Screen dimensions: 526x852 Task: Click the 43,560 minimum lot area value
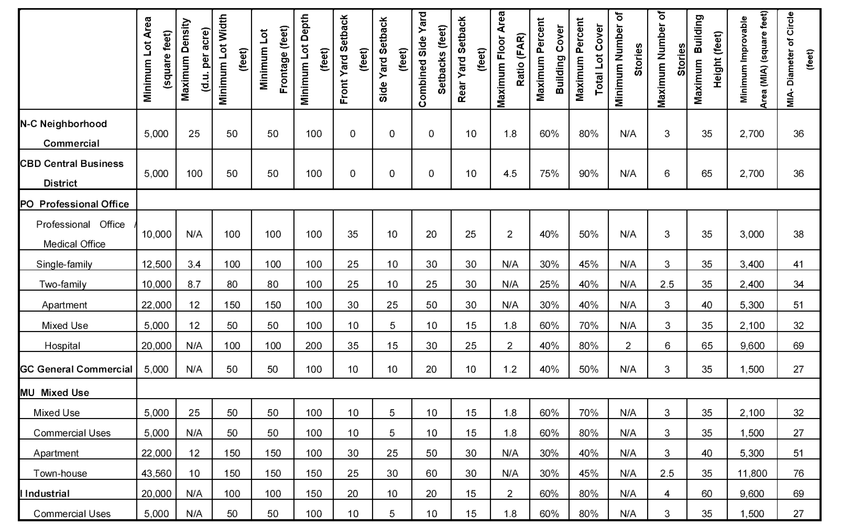156,473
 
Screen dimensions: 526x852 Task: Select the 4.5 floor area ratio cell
510,173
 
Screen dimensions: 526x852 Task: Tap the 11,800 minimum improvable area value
752,473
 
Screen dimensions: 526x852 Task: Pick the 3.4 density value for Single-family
194,264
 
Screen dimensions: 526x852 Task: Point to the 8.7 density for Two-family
194,284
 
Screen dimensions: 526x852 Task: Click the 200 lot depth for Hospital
313,345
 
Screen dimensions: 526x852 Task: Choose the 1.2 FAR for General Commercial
510,369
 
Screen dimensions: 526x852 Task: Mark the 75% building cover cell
549,173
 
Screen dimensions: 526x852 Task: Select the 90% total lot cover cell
588,173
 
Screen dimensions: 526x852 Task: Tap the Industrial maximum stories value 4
667,493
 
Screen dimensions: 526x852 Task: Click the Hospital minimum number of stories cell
628,345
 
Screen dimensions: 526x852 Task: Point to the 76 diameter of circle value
799,473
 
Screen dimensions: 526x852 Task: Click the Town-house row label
60,473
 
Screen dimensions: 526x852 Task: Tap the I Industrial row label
45,493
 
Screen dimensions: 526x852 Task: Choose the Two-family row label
63,284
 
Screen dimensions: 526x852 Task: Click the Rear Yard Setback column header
471,59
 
